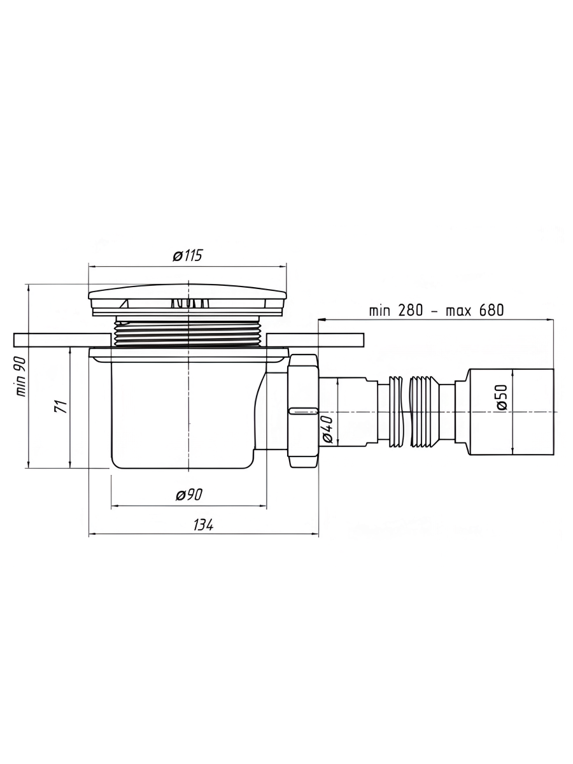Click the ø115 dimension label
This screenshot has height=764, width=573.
coord(187,256)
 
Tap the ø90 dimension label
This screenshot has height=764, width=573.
coord(187,495)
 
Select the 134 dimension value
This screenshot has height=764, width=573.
coord(202,525)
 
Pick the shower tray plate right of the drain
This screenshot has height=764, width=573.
coord(315,340)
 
